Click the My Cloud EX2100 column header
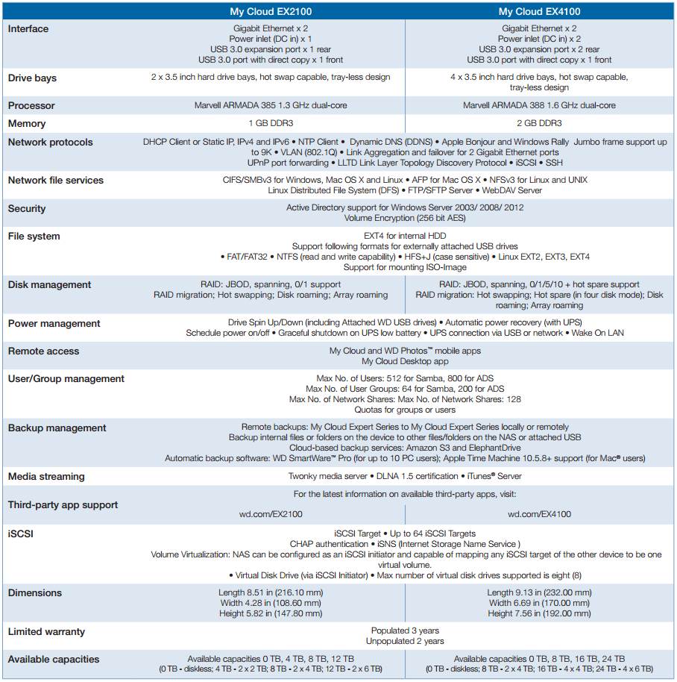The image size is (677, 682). (x=270, y=11)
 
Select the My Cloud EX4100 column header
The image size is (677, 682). (x=539, y=11)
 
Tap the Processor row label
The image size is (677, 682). (x=31, y=106)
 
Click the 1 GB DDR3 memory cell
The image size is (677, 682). (x=270, y=124)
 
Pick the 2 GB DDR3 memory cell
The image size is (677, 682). (x=539, y=124)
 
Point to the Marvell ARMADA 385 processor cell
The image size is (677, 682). (x=270, y=106)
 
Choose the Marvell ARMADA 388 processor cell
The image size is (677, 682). (x=539, y=106)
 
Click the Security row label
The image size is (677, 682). (x=27, y=209)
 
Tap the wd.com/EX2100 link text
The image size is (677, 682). (x=270, y=514)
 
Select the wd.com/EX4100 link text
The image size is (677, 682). (x=539, y=514)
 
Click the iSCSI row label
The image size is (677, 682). (x=21, y=534)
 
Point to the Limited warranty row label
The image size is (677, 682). (x=46, y=632)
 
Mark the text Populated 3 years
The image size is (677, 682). (x=405, y=631)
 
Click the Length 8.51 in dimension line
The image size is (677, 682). (x=270, y=592)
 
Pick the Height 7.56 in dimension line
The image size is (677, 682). (x=539, y=613)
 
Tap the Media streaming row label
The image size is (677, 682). (x=46, y=477)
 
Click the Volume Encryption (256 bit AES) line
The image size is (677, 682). (x=405, y=219)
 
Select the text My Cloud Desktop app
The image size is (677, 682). (x=405, y=361)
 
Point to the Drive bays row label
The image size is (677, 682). (x=32, y=78)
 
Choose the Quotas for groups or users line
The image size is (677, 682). (x=405, y=410)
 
